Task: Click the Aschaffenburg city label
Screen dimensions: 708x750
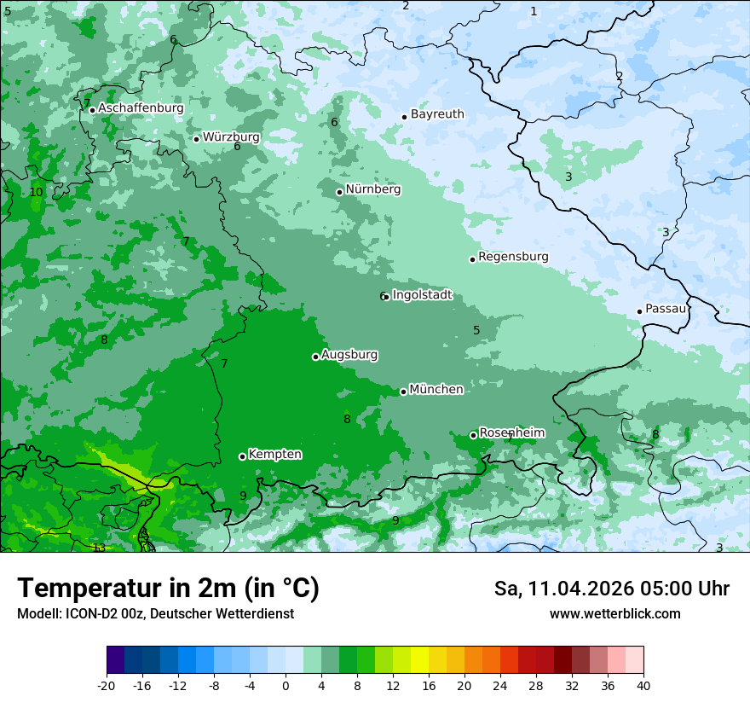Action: pos(141,108)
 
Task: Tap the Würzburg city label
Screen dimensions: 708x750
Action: pos(231,137)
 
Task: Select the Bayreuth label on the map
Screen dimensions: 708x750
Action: pos(437,114)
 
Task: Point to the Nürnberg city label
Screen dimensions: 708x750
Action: pos(372,189)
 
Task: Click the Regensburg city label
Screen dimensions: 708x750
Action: pos(513,257)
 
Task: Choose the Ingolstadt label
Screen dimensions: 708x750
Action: pos(422,295)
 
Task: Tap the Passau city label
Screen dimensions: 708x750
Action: pos(666,309)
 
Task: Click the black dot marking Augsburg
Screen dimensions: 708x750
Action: pos(315,357)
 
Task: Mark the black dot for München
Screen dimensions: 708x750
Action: pos(403,392)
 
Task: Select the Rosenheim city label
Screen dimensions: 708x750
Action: pos(511,433)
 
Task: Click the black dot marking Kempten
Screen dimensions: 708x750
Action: pos(242,456)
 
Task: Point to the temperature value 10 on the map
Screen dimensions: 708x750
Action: pos(36,192)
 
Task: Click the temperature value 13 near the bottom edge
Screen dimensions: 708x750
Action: pos(99,548)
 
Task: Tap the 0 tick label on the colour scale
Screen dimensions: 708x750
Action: pos(286,686)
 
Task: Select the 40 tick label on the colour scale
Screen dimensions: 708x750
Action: pos(643,686)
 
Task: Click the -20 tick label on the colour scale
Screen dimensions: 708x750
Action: pos(107,686)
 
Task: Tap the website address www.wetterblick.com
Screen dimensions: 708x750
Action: pos(614,614)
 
